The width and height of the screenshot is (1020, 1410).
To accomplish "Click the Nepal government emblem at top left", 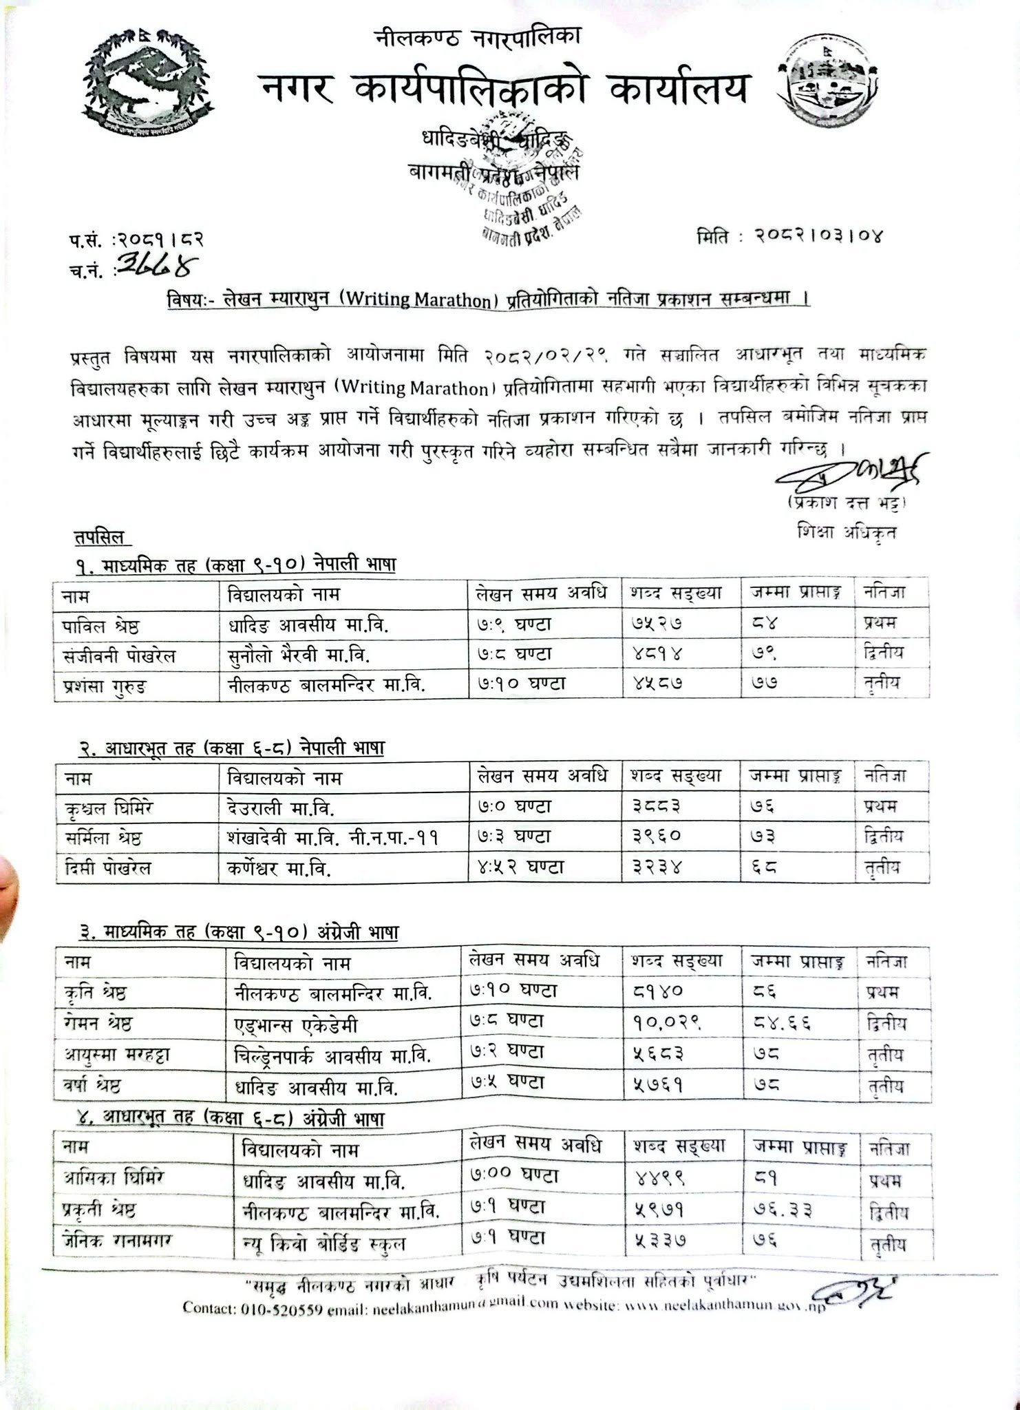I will point(149,76).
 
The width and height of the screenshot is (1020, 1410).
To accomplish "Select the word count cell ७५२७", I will point(657,624).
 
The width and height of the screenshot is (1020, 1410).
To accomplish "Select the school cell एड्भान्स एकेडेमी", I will point(296,1025).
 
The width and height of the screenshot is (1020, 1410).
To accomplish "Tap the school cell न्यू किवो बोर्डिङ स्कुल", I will point(323,1243).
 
